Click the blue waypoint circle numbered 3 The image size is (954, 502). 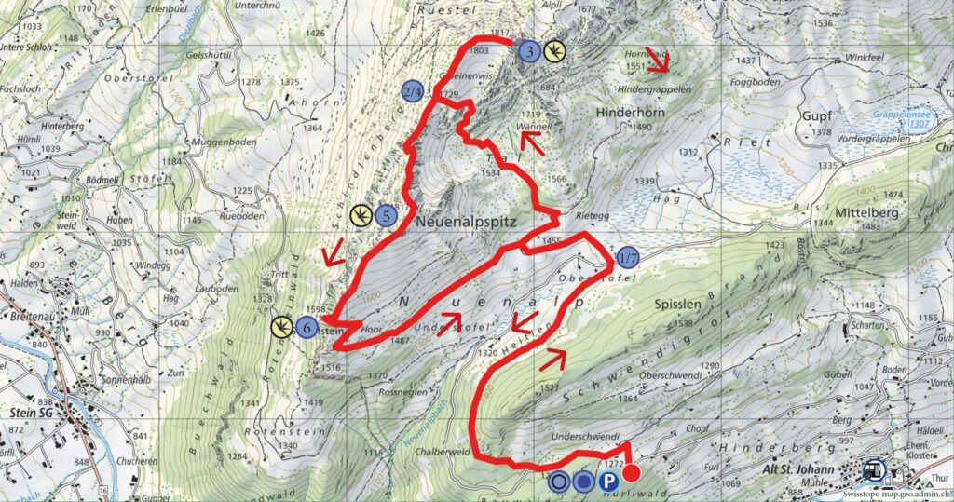click(528, 52)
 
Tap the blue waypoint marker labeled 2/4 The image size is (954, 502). click(413, 91)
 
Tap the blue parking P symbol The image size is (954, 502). click(607, 481)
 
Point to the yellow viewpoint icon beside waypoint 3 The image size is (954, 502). click(554, 51)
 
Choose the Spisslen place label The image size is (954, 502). click(677, 305)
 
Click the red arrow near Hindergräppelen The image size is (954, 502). click(659, 61)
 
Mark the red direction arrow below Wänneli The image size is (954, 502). click(532, 142)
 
